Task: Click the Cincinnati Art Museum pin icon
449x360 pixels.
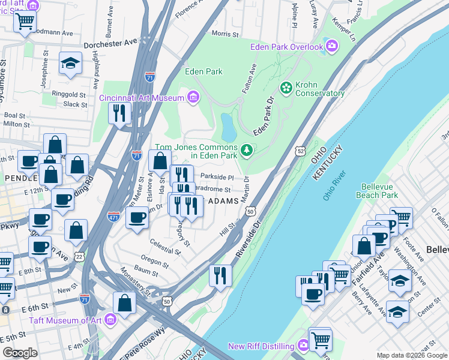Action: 193,97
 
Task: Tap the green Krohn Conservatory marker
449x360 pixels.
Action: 286,88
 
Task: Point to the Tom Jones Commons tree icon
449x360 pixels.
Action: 246,150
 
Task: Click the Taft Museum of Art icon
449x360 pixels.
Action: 110,320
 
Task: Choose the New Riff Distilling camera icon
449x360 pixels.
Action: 303,346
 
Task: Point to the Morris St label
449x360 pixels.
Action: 225,34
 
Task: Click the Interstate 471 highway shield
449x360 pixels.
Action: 113,216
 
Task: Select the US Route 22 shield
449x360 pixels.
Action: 79,256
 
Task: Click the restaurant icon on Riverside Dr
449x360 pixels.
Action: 220,276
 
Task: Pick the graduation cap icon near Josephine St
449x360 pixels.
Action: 70,64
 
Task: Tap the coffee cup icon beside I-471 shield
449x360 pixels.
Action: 137,217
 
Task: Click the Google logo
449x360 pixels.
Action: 20,353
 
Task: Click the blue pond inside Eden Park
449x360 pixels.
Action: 228,126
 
